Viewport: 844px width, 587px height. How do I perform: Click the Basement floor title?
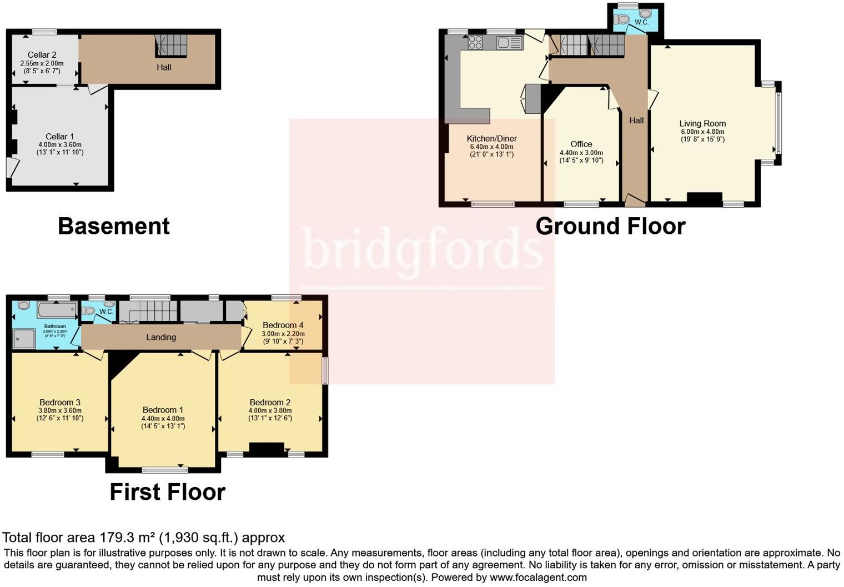coord(113,226)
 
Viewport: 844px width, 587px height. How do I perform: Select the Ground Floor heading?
coord(610,226)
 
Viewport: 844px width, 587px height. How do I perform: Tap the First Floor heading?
coord(167,492)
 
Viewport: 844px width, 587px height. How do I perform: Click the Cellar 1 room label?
coord(59,137)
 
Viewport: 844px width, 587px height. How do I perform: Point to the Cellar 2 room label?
coord(42,55)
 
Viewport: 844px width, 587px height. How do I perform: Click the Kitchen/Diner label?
coord(491,139)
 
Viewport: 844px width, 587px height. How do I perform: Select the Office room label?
coord(581,144)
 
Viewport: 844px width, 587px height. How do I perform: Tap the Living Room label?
coord(702,124)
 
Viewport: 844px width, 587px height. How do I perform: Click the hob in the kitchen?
coord(475,42)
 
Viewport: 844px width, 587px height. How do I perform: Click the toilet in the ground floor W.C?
coord(623,19)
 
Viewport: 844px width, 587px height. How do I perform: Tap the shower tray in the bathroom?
coord(25,339)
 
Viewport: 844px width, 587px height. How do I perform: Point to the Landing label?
coord(161,337)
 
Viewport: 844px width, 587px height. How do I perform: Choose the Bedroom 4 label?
coord(283,325)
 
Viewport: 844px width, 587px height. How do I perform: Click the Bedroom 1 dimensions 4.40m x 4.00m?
coord(163,419)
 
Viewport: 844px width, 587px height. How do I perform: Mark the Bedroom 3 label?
coord(60,403)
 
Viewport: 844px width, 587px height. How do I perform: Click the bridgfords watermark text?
coord(422,248)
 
